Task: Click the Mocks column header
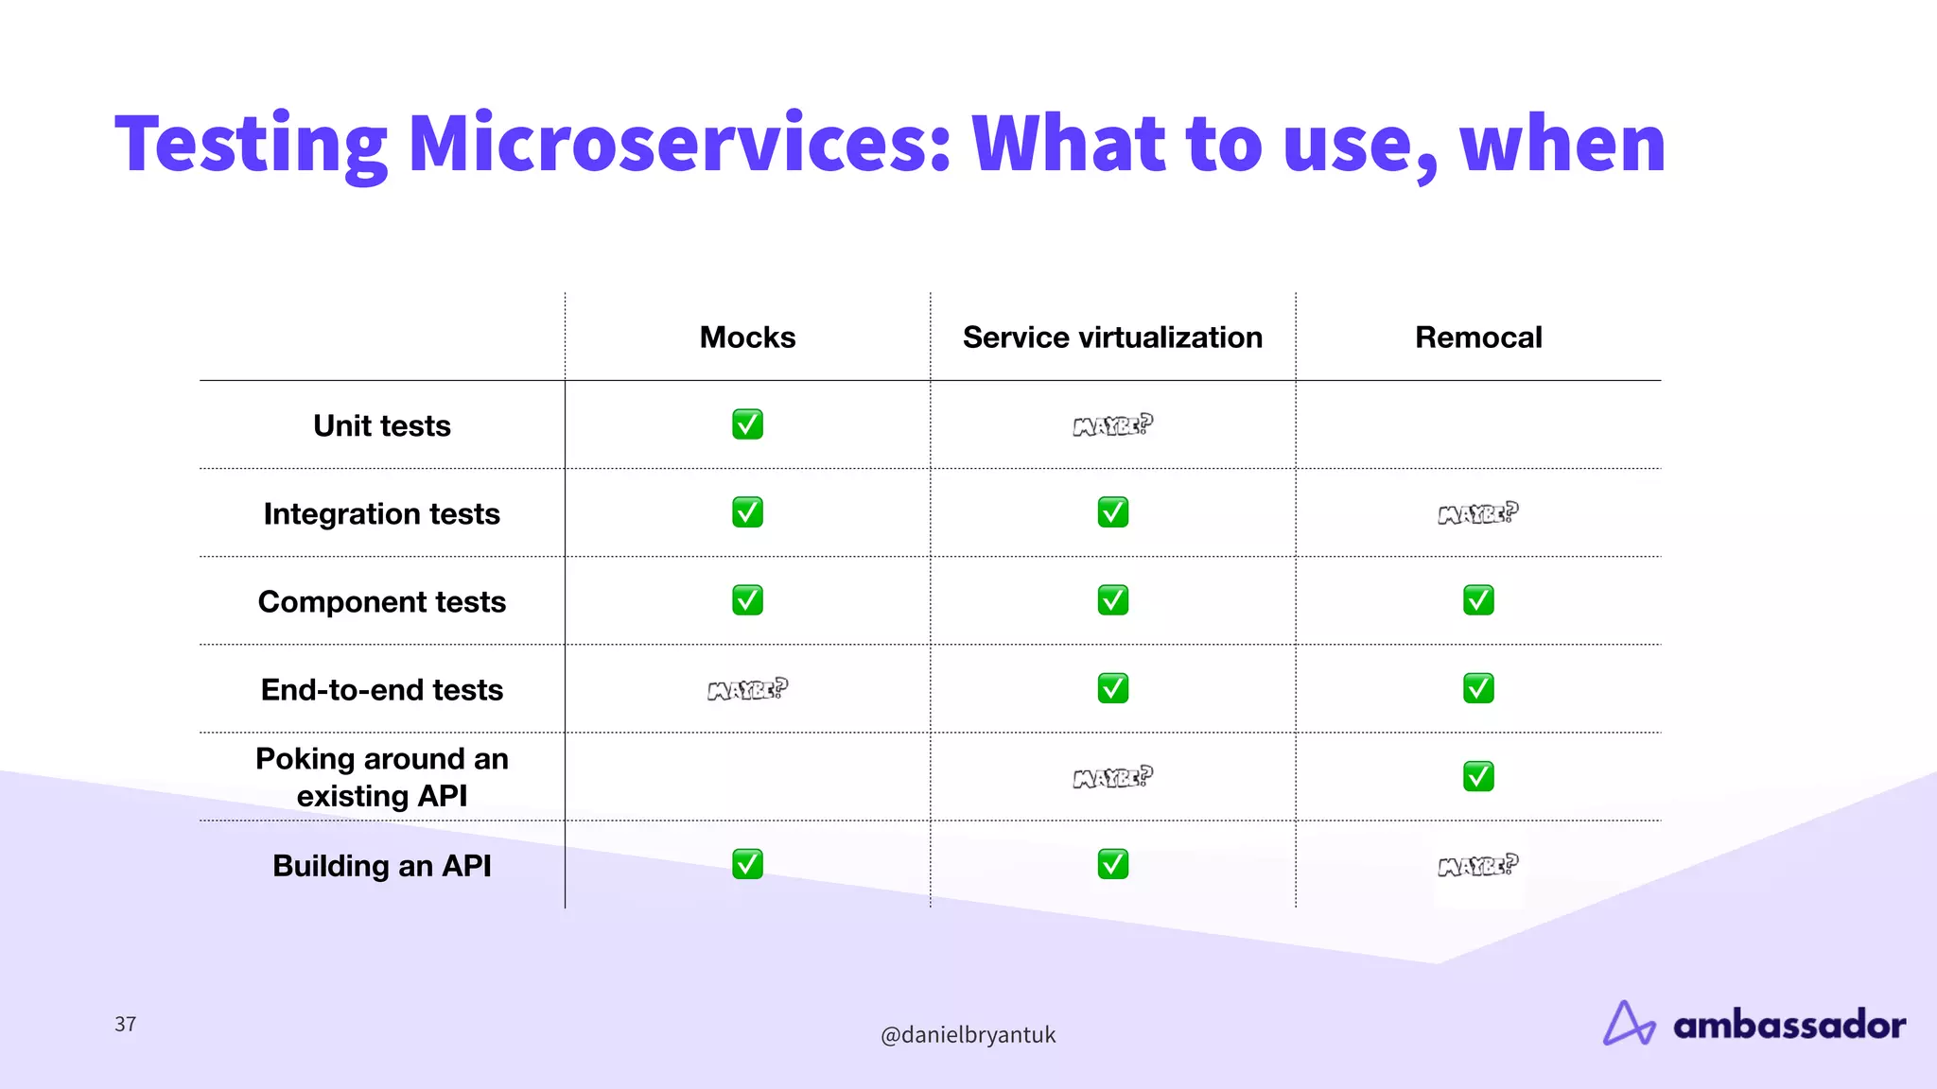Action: (x=747, y=337)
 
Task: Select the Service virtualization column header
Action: (x=1112, y=337)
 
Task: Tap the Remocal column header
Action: (x=1478, y=337)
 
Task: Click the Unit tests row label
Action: (x=382, y=425)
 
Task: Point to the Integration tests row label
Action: (x=382, y=513)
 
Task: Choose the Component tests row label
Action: (x=382, y=601)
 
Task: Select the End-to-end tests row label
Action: (x=382, y=689)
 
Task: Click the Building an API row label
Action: (x=382, y=865)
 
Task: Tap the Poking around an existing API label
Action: (x=382, y=777)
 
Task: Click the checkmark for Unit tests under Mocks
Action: (x=747, y=424)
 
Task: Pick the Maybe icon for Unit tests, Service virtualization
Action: (x=1112, y=425)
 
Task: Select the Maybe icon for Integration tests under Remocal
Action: (x=1478, y=513)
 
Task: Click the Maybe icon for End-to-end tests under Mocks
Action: (x=747, y=690)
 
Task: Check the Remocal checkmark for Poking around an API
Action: (x=1478, y=776)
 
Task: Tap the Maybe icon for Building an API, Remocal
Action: (x=1478, y=866)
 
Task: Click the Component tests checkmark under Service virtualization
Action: (x=1112, y=600)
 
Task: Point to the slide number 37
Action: (x=126, y=1024)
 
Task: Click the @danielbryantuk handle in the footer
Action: (x=968, y=1034)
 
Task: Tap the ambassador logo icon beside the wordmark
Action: (x=1629, y=1023)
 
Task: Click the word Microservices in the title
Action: (x=679, y=144)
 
